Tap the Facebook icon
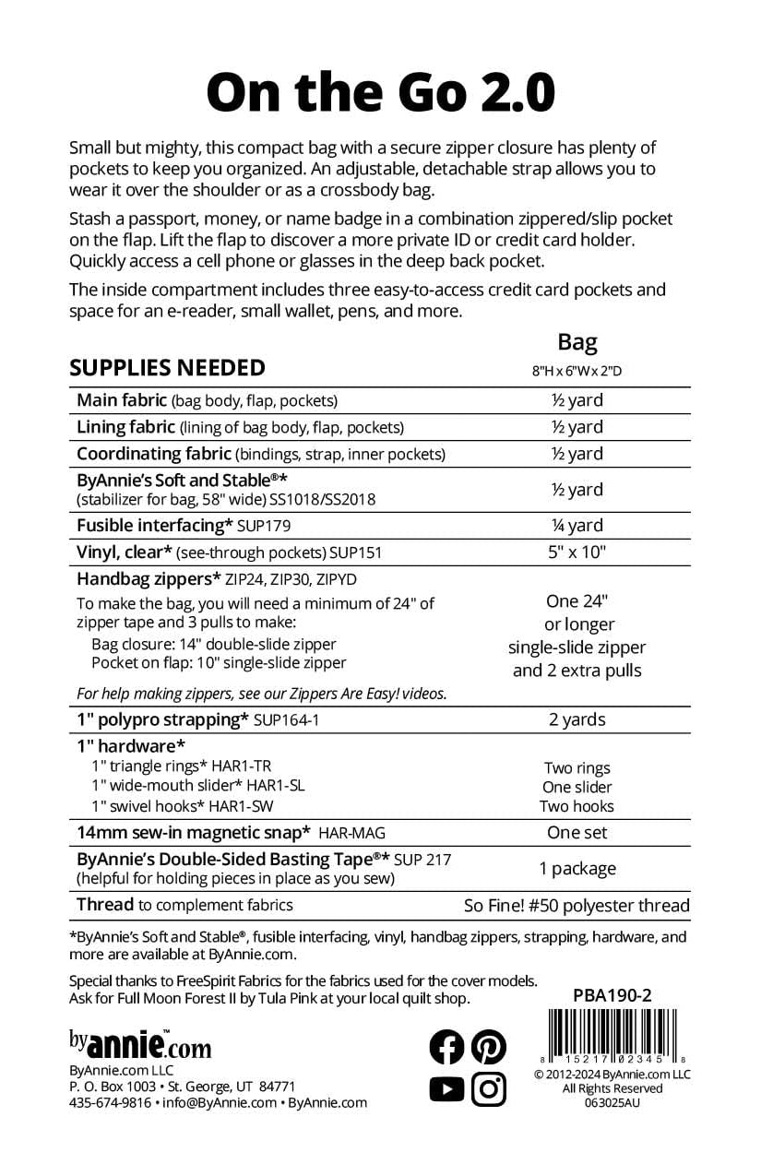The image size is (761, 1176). tap(447, 1046)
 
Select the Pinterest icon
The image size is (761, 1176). tap(489, 1046)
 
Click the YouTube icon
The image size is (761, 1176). tap(447, 1089)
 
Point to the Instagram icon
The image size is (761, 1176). tap(489, 1089)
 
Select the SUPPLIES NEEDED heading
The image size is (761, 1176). tap(167, 367)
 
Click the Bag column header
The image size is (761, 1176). tap(577, 342)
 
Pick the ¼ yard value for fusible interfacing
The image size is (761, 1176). tap(577, 526)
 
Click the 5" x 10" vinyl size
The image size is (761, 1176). tap(577, 552)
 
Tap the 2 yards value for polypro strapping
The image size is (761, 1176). tap(577, 719)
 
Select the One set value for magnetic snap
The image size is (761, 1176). tap(577, 833)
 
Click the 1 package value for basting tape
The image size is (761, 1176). tap(577, 868)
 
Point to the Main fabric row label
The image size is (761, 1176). tap(122, 400)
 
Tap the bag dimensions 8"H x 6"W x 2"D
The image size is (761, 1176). tap(577, 372)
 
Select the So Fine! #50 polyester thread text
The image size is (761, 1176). tap(577, 906)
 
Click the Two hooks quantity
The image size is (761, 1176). tap(577, 806)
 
